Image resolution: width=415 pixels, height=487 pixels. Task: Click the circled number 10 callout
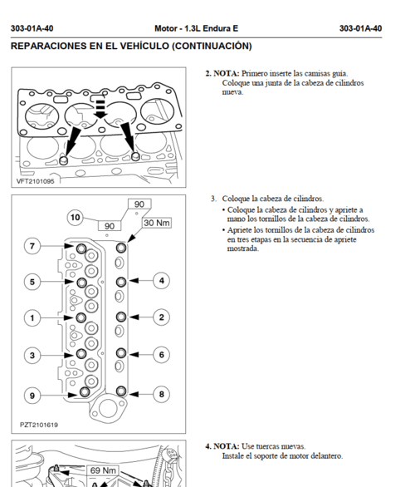click(75, 217)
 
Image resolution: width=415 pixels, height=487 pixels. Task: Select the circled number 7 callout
click(32, 246)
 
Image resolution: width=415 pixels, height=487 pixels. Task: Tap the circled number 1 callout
click(32, 318)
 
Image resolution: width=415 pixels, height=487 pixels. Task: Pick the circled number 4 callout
click(161, 281)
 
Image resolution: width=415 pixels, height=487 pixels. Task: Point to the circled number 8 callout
click(161, 394)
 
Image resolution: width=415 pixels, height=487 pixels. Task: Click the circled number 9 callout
click(32, 396)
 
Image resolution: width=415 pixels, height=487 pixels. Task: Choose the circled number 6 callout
click(161, 355)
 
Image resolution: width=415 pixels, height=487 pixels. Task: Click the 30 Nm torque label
click(157, 223)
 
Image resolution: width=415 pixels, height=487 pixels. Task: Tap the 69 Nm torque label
click(103, 470)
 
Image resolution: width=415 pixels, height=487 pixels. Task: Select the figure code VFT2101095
click(36, 181)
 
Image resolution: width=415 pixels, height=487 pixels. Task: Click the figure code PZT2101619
click(39, 425)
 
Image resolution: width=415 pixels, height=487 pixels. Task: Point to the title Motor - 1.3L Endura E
click(197, 28)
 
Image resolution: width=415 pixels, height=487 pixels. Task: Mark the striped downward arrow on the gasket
click(100, 108)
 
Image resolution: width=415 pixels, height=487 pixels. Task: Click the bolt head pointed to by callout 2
click(121, 317)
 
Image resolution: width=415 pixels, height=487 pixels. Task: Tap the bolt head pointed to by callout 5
click(81, 283)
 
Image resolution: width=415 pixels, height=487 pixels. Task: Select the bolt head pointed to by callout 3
click(81, 353)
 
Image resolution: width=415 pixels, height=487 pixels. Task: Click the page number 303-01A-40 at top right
click(360, 28)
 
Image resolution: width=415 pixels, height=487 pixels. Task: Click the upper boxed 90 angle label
click(139, 204)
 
